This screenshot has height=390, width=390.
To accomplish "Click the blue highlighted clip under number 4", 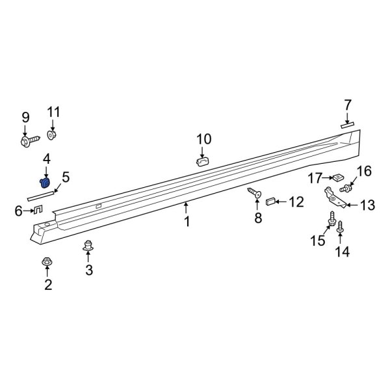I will pos(46,183).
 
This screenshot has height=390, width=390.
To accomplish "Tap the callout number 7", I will pos(348,105).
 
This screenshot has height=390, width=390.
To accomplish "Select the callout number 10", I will pos(204,138).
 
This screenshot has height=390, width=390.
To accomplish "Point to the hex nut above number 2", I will pos(47,261).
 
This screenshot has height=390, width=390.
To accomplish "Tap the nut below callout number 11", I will pos(53,135).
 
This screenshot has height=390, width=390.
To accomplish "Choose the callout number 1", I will pos(187,222).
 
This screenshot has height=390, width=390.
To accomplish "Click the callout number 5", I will pos(66,176).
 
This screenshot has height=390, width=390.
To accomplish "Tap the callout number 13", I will pos(367,205).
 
